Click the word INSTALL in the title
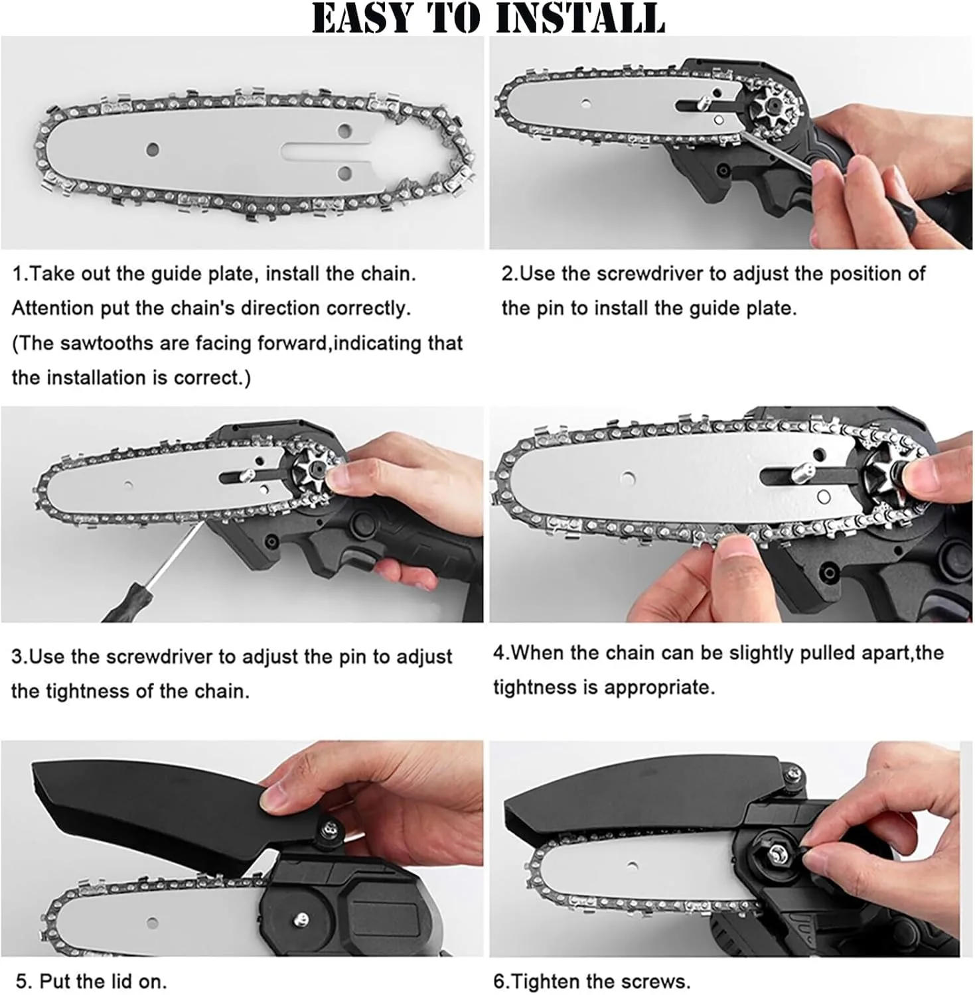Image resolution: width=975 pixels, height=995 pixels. point(580,18)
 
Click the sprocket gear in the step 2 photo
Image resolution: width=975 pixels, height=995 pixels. point(771,105)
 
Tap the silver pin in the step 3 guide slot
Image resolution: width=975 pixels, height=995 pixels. point(246,476)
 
